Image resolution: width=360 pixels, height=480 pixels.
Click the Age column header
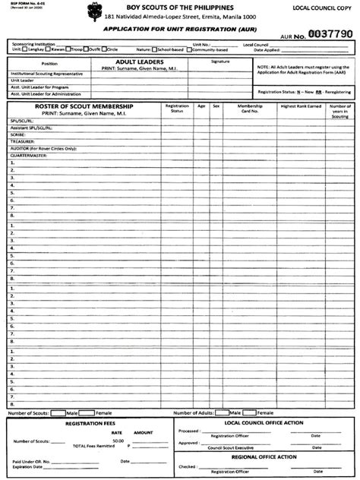(201, 106)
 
